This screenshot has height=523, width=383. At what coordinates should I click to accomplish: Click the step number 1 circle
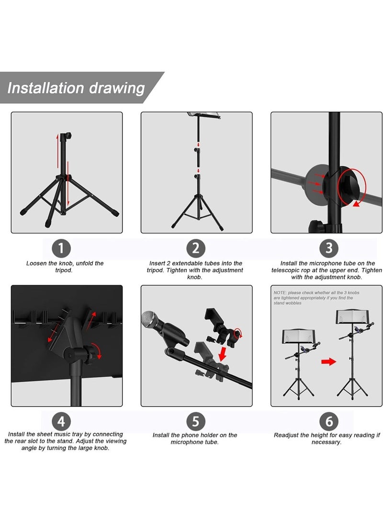tap(61, 248)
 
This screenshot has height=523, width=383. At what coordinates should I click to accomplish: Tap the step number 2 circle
tap(195, 248)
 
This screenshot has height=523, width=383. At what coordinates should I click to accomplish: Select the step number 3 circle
tap(329, 248)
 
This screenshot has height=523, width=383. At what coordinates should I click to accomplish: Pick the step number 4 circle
tap(61, 421)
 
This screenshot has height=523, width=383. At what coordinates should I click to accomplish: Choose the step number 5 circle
tap(195, 421)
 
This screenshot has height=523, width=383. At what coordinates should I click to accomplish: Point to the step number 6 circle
tap(329, 421)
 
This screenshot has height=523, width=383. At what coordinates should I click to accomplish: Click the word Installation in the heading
tap(45, 88)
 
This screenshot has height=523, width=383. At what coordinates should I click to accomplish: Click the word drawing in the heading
tap(117, 89)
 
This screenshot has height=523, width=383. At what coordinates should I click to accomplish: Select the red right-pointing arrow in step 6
tap(328, 361)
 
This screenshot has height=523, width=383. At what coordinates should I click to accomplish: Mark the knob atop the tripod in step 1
tap(68, 136)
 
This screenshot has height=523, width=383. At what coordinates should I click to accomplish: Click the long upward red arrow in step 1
tap(57, 152)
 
